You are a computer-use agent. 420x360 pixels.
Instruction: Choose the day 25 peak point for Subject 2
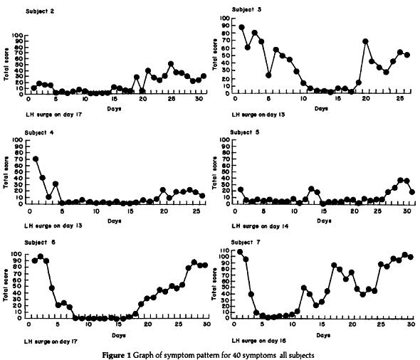(x=171, y=65)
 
